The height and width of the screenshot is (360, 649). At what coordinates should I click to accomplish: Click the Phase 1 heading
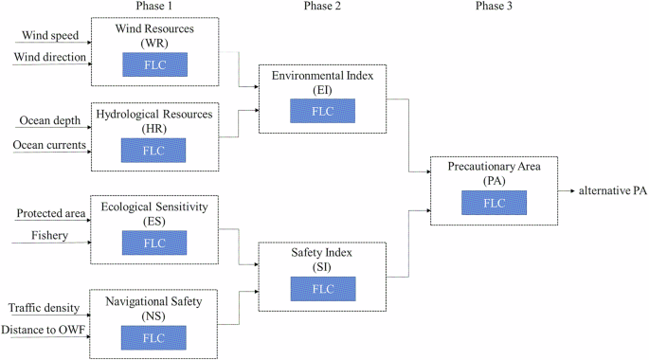[153, 8]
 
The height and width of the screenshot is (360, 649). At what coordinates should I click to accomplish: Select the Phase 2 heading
[322, 8]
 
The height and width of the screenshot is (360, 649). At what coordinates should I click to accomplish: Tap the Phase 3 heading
[492, 8]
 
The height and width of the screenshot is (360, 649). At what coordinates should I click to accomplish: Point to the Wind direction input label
[49, 58]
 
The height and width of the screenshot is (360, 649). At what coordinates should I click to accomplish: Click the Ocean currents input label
[49, 144]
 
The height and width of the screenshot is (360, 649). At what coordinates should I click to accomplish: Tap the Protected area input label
[48, 214]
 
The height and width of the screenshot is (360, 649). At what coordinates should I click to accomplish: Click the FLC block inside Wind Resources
[153, 64]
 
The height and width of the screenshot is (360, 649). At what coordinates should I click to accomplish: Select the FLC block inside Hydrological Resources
[153, 150]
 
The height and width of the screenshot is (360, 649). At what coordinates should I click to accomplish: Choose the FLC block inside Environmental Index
[322, 111]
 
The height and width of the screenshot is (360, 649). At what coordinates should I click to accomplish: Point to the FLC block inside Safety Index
[322, 288]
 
